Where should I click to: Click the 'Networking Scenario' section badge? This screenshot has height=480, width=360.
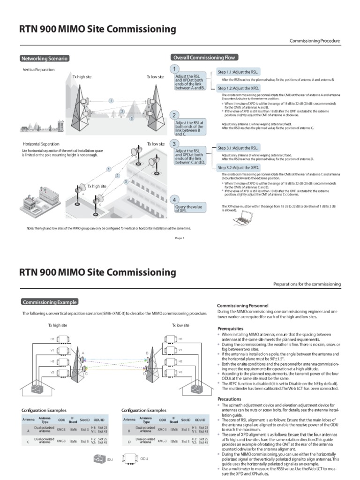(x=45, y=59)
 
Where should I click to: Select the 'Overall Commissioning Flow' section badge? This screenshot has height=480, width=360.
(x=205, y=57)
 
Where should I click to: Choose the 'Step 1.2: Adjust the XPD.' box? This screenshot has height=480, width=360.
(x=238, y=88)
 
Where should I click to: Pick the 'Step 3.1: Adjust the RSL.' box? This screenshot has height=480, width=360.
(x=238, y=148)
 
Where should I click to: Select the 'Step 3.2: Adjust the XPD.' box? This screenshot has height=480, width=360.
(x=238, y=167)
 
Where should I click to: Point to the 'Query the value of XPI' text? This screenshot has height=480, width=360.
(x=188, y=208)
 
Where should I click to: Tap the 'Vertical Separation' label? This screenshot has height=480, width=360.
(x=38, y=69)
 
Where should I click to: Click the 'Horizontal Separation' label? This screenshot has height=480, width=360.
(x=41, y=144)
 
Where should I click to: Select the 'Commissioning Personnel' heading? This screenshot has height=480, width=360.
(x=243, y=306)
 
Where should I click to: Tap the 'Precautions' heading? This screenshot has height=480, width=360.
(x=229, y=399)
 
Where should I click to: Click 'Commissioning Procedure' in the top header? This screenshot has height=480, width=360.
(x=315, y=41)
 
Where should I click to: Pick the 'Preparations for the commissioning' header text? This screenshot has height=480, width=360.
(x=307, y=285)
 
